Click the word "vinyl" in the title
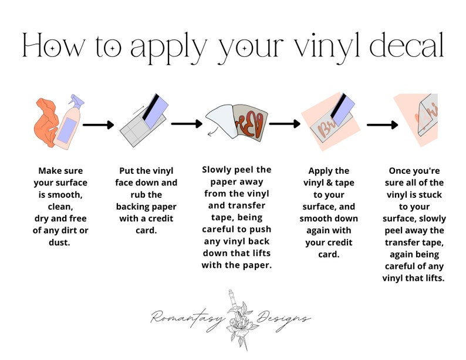point(327,48)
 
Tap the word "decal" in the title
point(407,45)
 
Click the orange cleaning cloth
point(45,122)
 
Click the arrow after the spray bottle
point(98,125)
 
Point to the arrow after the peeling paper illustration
point(285,124)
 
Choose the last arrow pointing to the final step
point(382,125)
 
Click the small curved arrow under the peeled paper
point(212,132)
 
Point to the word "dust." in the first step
point(59,243)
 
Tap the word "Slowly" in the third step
point(217,170)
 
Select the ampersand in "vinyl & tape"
point(329,183)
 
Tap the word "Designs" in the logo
point(283,319)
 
